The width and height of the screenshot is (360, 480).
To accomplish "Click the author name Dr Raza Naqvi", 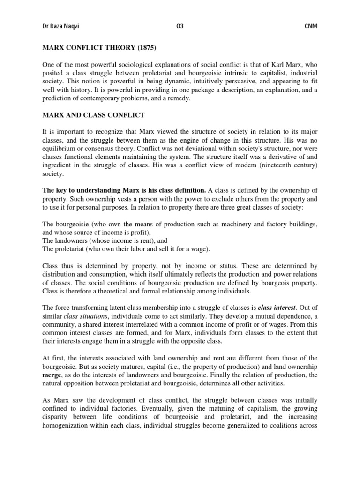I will click(x=60, y=26).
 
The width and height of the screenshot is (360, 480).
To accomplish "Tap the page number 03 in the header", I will click(x=180, y=26).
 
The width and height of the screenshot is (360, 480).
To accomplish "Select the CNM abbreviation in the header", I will click(x=311, y=26).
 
